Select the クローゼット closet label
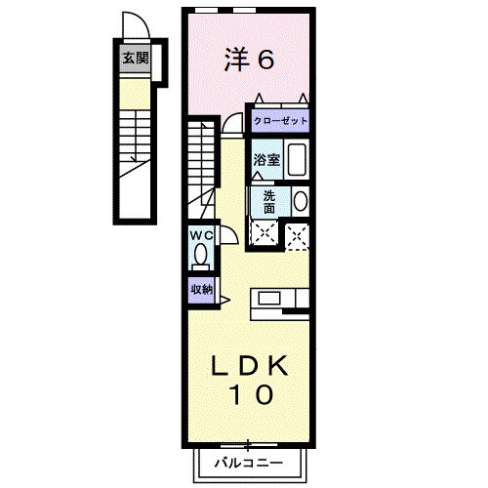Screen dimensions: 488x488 [x=281, y=121]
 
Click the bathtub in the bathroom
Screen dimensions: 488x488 [x=297, y=161]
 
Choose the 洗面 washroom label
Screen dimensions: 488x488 [x=268, y=201]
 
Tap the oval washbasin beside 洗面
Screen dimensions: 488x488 [x=300, y=201]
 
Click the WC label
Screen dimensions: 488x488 [x=201, y=236]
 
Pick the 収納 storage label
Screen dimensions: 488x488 [x=201, y=289]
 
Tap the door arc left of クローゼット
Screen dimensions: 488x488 [x=232, y=122]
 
